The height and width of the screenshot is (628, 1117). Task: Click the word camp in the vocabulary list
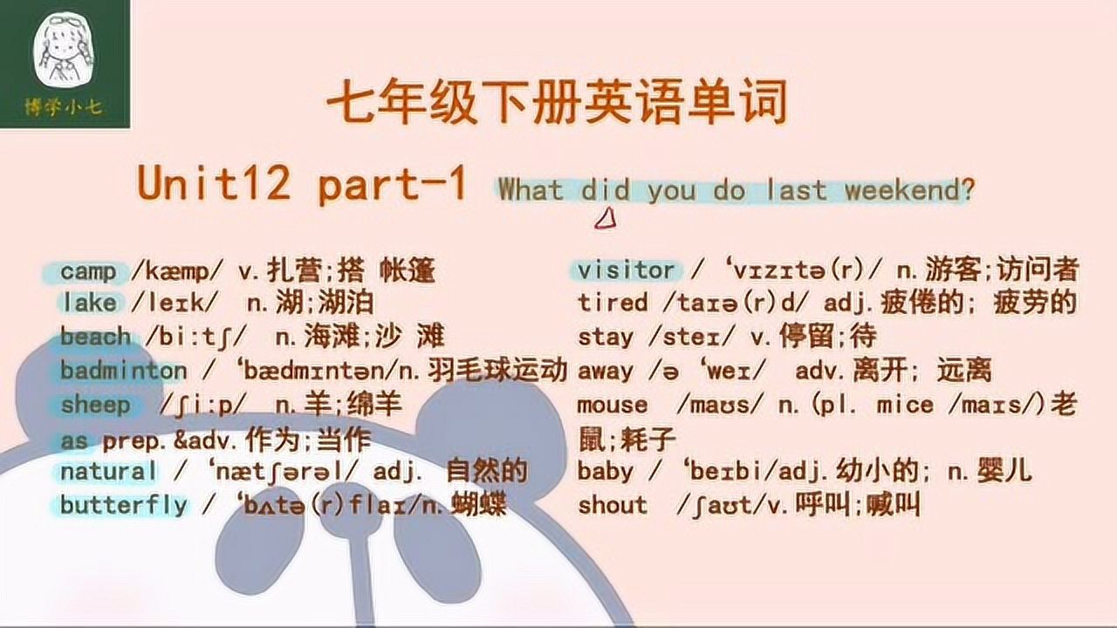coord(88,271)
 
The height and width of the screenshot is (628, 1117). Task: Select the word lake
coord(88,304)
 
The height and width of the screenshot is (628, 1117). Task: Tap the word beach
coord(95,336)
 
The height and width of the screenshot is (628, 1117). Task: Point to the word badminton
coord(123,370)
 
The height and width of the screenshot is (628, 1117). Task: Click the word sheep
coord(95,405)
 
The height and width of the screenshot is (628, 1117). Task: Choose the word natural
coord(108,472)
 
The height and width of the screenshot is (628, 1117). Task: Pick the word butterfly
coord(123,505)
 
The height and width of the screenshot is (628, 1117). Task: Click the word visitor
coord(626,270)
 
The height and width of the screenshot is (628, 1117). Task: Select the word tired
coord(613,304)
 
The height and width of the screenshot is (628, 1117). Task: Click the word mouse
coord(613,405)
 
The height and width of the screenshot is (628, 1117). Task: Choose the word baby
coord(606,472)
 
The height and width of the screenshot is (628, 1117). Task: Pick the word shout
coord(613,505)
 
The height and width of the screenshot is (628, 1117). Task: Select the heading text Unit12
coord(213,185)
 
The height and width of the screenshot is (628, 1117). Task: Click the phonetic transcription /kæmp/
coord(170,272)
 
